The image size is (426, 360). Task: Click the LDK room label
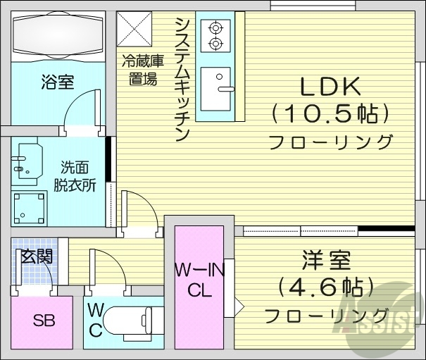pos(330,87)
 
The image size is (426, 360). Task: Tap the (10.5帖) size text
pos(330,114)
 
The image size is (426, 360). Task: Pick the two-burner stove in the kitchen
pos(215,36)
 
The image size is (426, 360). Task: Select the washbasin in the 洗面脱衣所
pos(27,161)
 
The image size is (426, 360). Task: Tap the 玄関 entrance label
pos(36,256)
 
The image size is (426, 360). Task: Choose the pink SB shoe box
pos(42,321)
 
